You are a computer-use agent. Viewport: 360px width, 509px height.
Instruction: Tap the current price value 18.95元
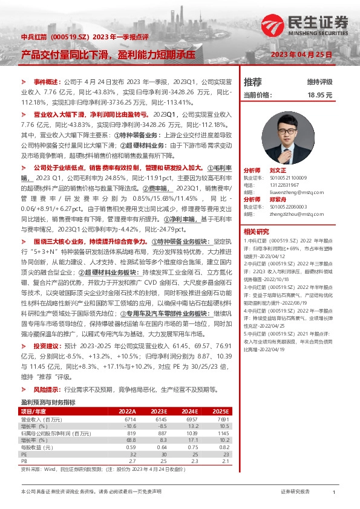(x=321, y=95)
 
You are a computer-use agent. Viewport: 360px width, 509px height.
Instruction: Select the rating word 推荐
(x=252, y=82)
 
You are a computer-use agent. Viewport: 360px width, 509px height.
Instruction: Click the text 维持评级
(x=320, y=82)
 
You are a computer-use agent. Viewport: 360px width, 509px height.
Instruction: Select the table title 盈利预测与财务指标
(x=48, y=402)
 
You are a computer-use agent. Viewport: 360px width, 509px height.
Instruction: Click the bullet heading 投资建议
(x=46, y=346)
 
